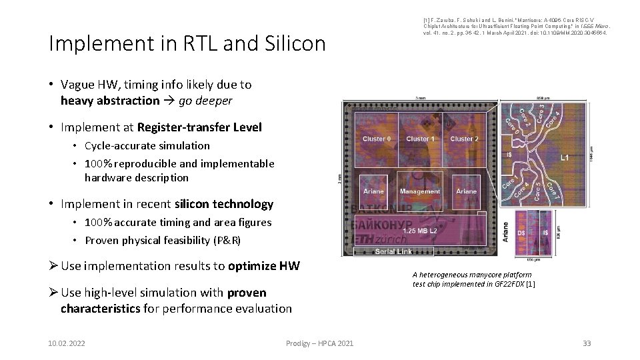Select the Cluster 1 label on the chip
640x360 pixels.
click(420, 139)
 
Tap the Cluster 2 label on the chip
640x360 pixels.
click(464, 139)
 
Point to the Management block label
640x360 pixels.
click(420, 191)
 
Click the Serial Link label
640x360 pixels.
click(394, 251)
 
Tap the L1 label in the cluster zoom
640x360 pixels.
click(564, 158)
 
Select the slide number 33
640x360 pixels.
click(586, 343)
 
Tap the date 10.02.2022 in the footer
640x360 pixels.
click(66, 343)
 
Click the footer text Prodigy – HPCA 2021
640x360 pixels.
click(319, 343)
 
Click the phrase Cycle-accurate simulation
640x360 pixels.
click(147, 145)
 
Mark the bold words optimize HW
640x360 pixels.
click(263, 266)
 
